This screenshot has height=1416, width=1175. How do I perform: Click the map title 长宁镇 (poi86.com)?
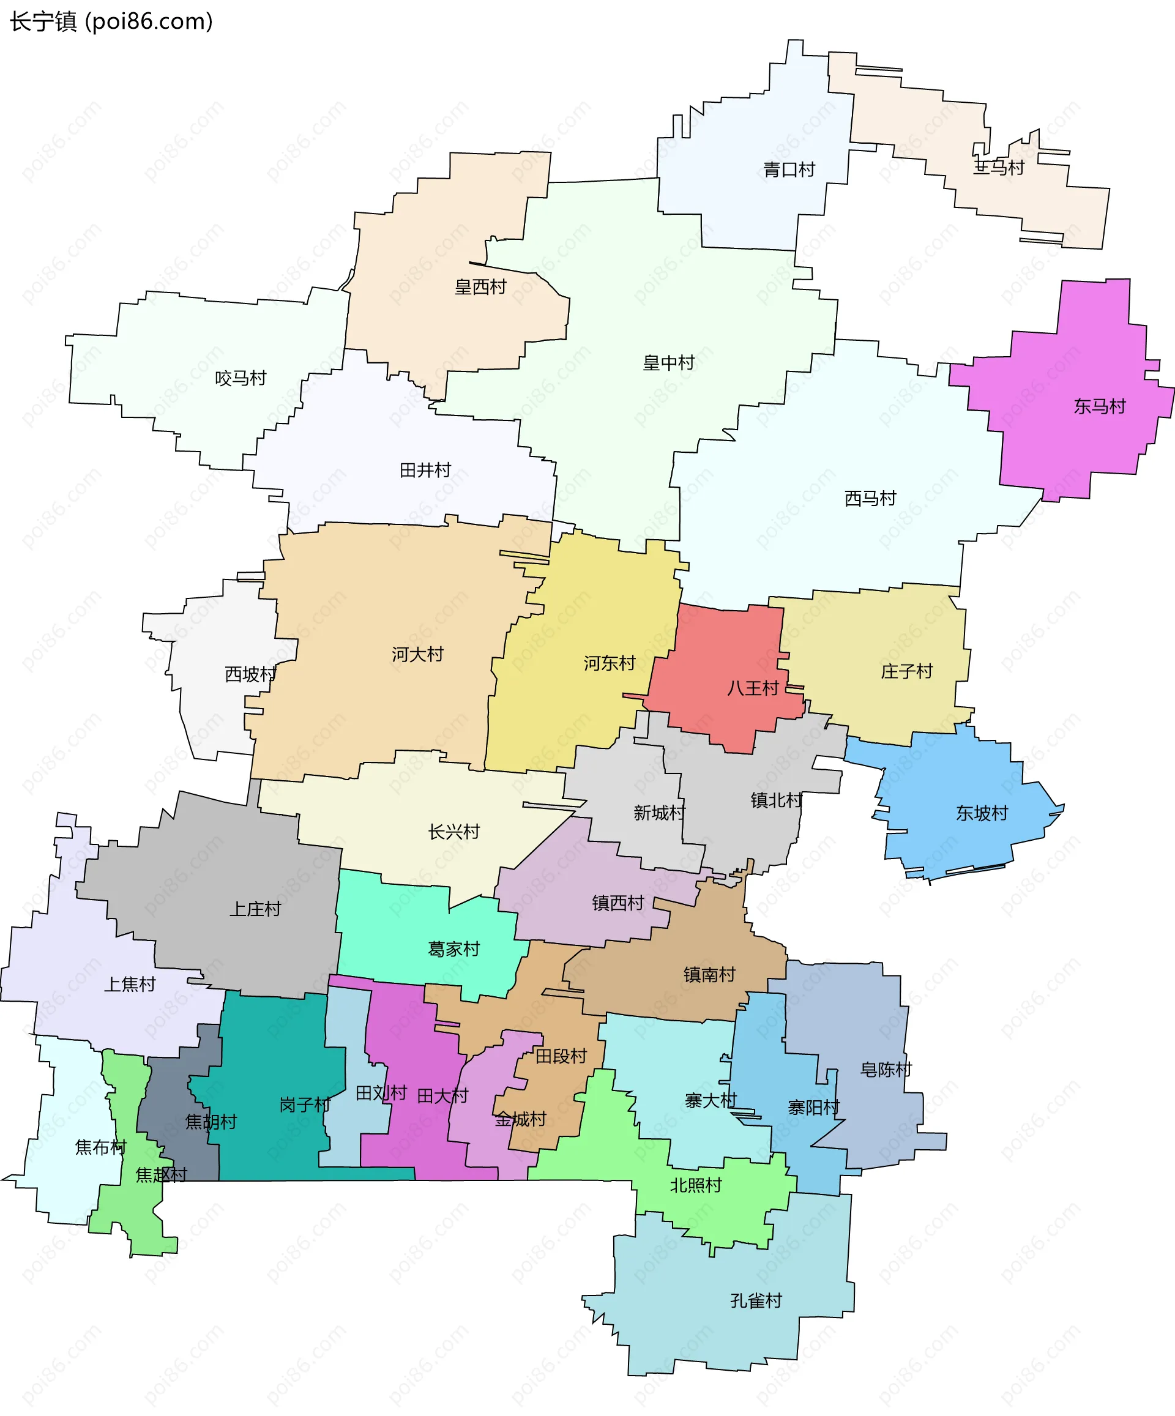pyautogui.click(x=111, y=21)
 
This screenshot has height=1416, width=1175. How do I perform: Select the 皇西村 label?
pyautogui.click(x=480, y=287)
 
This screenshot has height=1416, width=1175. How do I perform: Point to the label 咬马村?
pyautogui.click(x=241, y=378)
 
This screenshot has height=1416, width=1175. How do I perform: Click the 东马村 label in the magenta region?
pyautogui.click(x=1100, y=406)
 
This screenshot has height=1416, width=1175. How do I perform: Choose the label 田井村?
pyautogui.click(x=425, y=470)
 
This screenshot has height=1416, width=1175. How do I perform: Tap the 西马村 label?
pyautogui.click(x=870, y=498)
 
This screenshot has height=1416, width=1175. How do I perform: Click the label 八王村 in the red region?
pyautogui.click(x=753, y=688)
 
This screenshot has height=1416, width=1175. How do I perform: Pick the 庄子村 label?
pyautogui.click(x=906, y=671)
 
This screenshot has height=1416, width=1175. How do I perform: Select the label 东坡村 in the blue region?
pyautogui.click(x=982, y=814)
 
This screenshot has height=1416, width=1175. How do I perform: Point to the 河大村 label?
pyautogui.click(x=417, y=654)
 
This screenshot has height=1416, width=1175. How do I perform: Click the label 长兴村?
pyautogui.click(x=454, y=832)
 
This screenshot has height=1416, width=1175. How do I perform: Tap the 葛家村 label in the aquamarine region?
pyautogui.click(x=454, y=949)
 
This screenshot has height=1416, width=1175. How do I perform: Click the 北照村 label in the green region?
pyautogui.click(x=695, y=1185)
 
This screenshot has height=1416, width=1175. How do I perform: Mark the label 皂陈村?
pyautogui.click(x=886, y=1070)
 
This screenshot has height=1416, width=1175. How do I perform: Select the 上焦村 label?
pyautogui.click(x=130, y=985)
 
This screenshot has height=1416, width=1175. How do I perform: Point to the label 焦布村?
pyautogui.click(x=100, y=1147)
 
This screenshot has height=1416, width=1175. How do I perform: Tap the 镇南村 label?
pyautogui.click(x=709, y=974)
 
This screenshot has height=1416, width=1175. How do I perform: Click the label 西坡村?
pyautogui.click(x=250, y=674)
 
